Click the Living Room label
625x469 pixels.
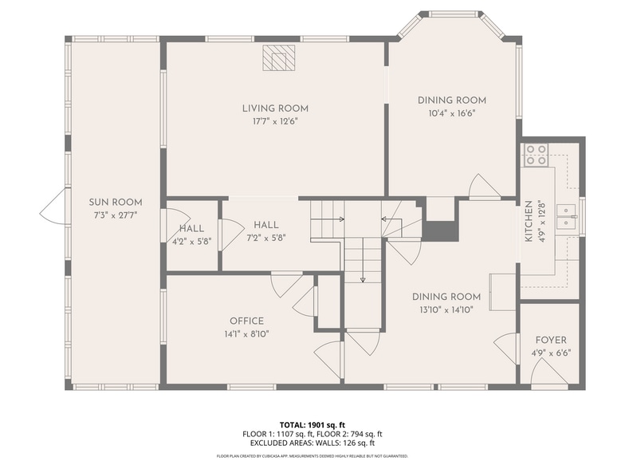click(x=275, y=108)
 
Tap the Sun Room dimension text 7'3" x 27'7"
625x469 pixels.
click(x=115, y=215)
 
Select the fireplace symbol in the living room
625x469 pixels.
click(x=279, y=57)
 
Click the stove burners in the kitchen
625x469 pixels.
click(x=536, y=155)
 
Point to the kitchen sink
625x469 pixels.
click(x=566, y=217)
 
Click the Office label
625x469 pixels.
click(x=247, y=321)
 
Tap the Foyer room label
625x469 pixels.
click(x=551, y=340)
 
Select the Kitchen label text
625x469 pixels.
click(x=529, y=221)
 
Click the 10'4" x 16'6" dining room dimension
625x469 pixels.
click(x=452, y=113)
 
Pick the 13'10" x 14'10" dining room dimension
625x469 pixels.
click(x=446, y=309)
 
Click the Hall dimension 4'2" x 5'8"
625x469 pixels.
click(x=191, y=241)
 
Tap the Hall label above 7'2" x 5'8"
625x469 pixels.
click(x=266, y=225)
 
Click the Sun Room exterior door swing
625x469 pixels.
click(x=53, y=206)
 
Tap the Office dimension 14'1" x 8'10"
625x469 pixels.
click(x=247, y=333)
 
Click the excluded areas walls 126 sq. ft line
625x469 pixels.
click(x=312, y=443)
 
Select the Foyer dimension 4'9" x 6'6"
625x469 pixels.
click(x=551, y=353)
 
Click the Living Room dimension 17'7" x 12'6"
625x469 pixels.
click(x=275, y=121)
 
